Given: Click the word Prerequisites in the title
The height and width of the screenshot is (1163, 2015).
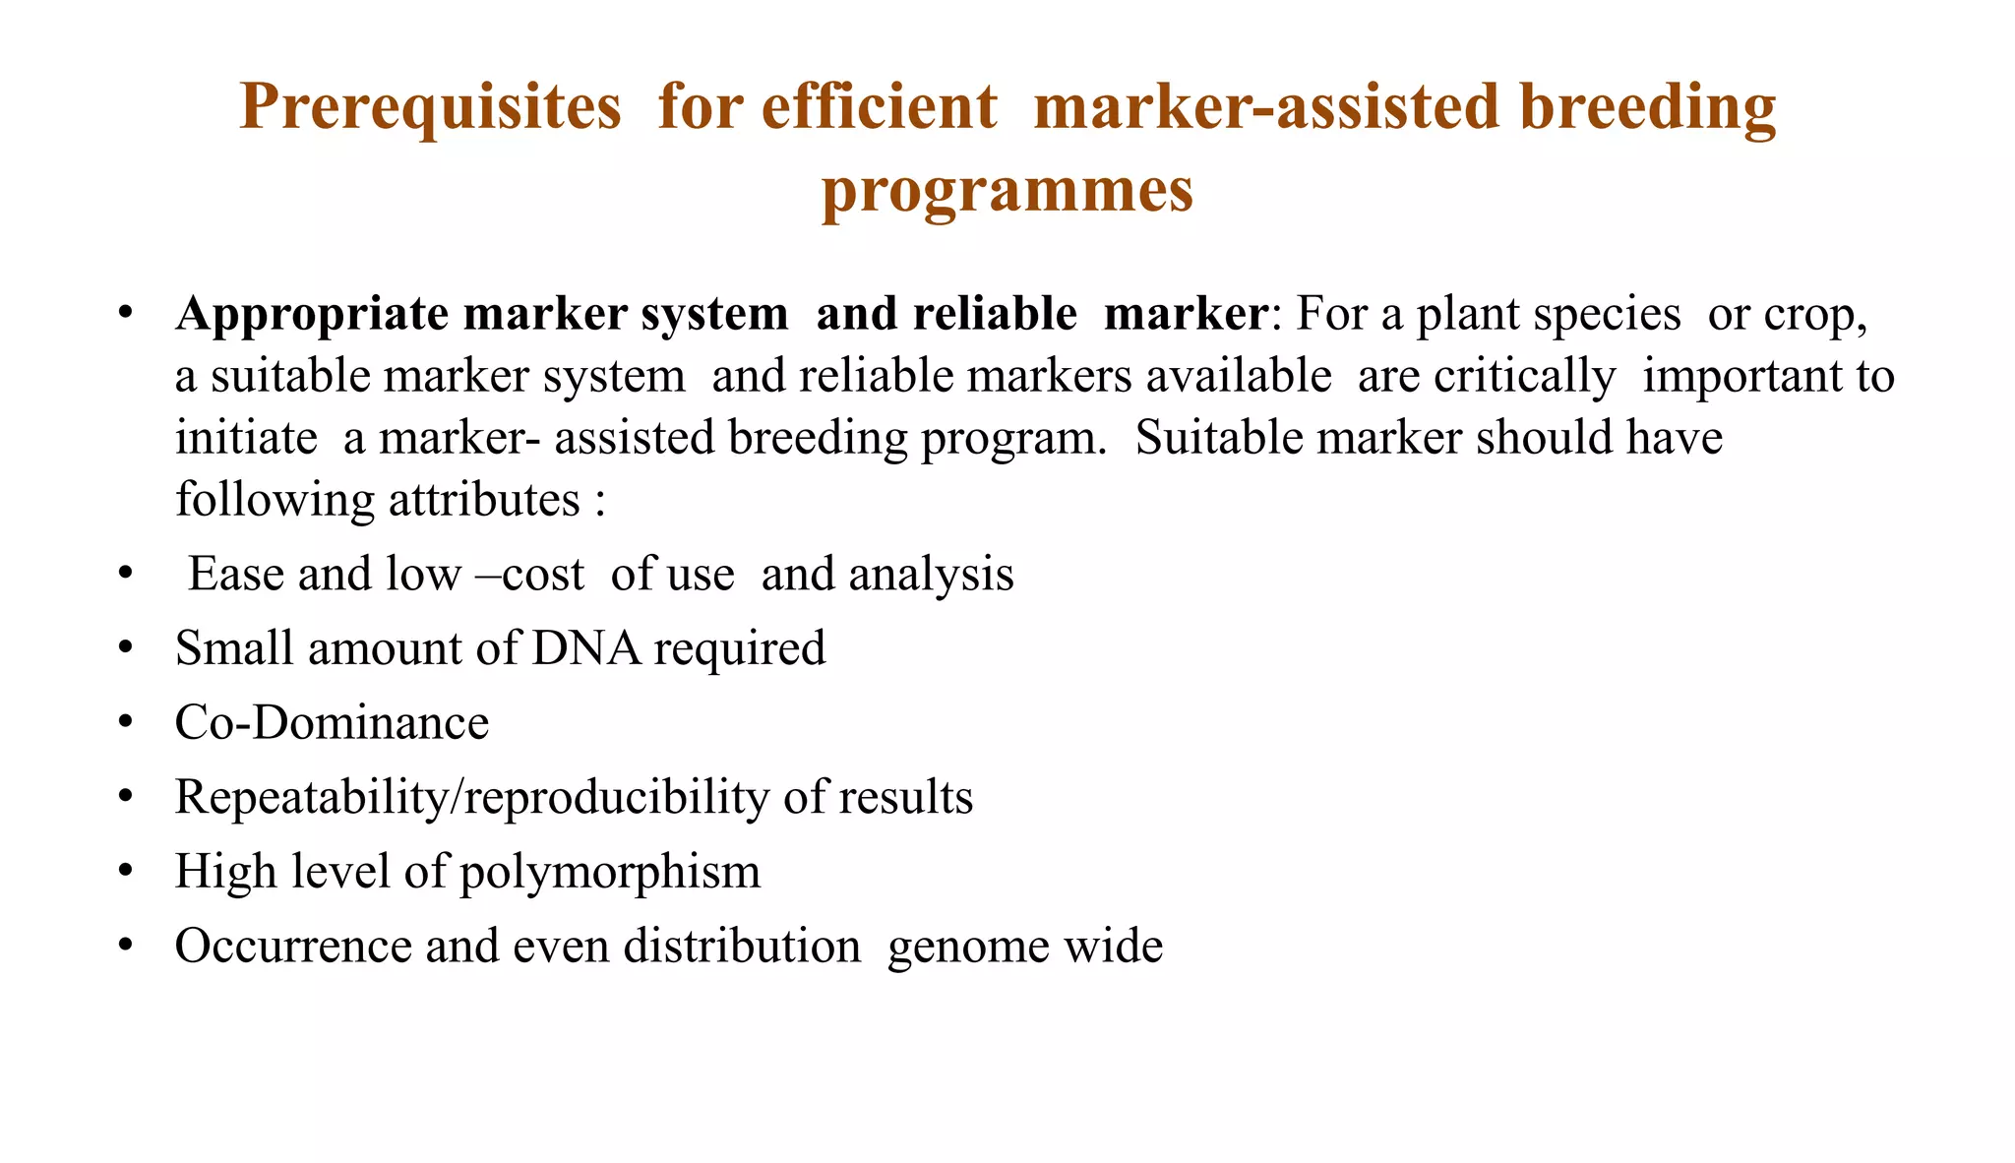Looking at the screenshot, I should pyautogui.click(x=430, y=106).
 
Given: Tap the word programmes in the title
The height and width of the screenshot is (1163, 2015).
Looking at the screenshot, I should pyautogui.click(x=1007, y=190).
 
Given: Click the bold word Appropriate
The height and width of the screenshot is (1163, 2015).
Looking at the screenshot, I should pyautogui.click(x=312, y=314).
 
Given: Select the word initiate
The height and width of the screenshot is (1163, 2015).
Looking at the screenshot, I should pyautogui.click(x=246, y=438).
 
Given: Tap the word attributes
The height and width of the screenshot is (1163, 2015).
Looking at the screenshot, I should pyautogui.click(x=484, y=500).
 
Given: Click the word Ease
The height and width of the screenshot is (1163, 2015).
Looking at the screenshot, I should pyautogui.click(x=235, y=574).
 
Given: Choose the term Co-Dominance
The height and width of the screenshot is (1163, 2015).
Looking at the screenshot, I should pyautogui.click(x=332, y=722).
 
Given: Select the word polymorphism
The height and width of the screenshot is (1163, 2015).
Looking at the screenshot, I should pyautogui.click(x=610, y=872).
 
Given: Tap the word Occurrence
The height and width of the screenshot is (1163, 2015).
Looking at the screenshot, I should pyautogui.click(x=292, y=946).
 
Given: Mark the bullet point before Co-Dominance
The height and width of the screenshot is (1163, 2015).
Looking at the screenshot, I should pyautogui.click(x=124, y=722).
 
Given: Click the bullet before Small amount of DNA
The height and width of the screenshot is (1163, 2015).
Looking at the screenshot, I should pyautogui.click(x=124, y=648).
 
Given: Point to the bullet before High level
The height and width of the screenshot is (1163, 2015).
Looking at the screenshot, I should pyautogui.click(x=124, y=872).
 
